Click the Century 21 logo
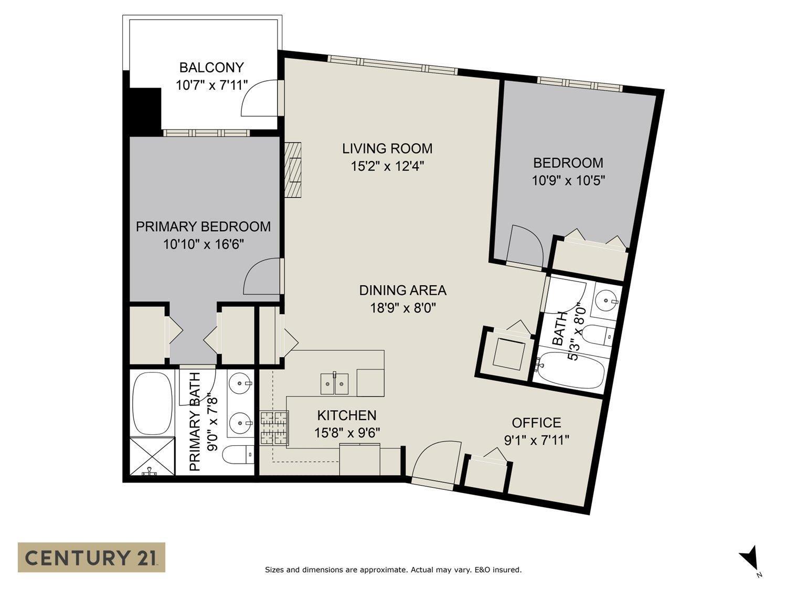coord(91,557)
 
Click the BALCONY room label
coord(211,68)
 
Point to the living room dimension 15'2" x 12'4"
coord(387,166)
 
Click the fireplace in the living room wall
coord(294,169)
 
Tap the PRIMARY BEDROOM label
coord(203,227)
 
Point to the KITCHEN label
coord(347,415)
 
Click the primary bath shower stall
coord(152,456)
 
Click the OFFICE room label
coord(536,423)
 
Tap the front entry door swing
coord(435,462)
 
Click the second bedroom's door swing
coord(526,246)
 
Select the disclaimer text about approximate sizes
coord(393,570)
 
